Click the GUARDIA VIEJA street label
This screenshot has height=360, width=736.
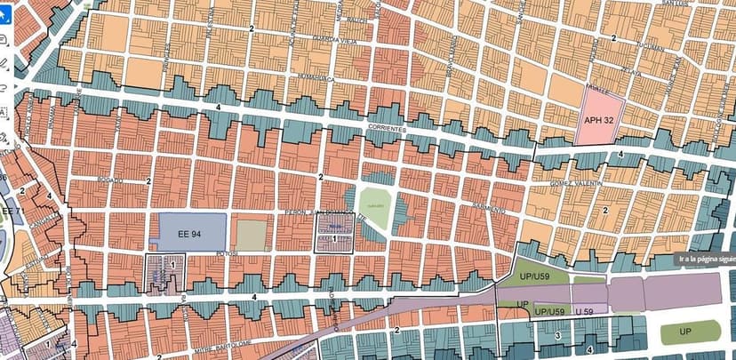click(332, 39)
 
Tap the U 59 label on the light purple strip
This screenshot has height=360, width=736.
click(584, 311)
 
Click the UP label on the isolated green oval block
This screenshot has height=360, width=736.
click(689, 332)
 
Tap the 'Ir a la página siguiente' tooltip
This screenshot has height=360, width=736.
click(705, 260)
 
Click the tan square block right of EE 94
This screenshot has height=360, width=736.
click(251, 235)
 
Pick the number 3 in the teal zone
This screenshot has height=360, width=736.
click(556, 336)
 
